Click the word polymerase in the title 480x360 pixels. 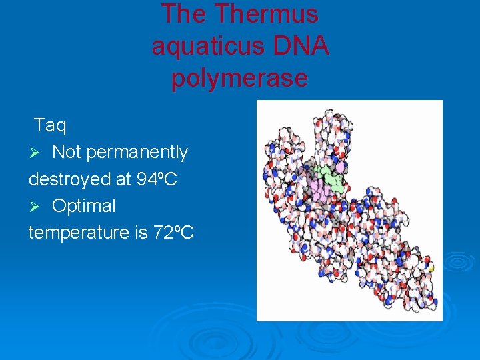click(x=239, y=78)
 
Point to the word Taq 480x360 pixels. click(x=50, y=125)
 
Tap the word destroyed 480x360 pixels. click(x=70, y=179)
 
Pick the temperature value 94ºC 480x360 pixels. click(x=159, y=179)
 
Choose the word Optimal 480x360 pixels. click(x=84, y=206)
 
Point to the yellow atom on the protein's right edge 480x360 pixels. click(x=431, y=267)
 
